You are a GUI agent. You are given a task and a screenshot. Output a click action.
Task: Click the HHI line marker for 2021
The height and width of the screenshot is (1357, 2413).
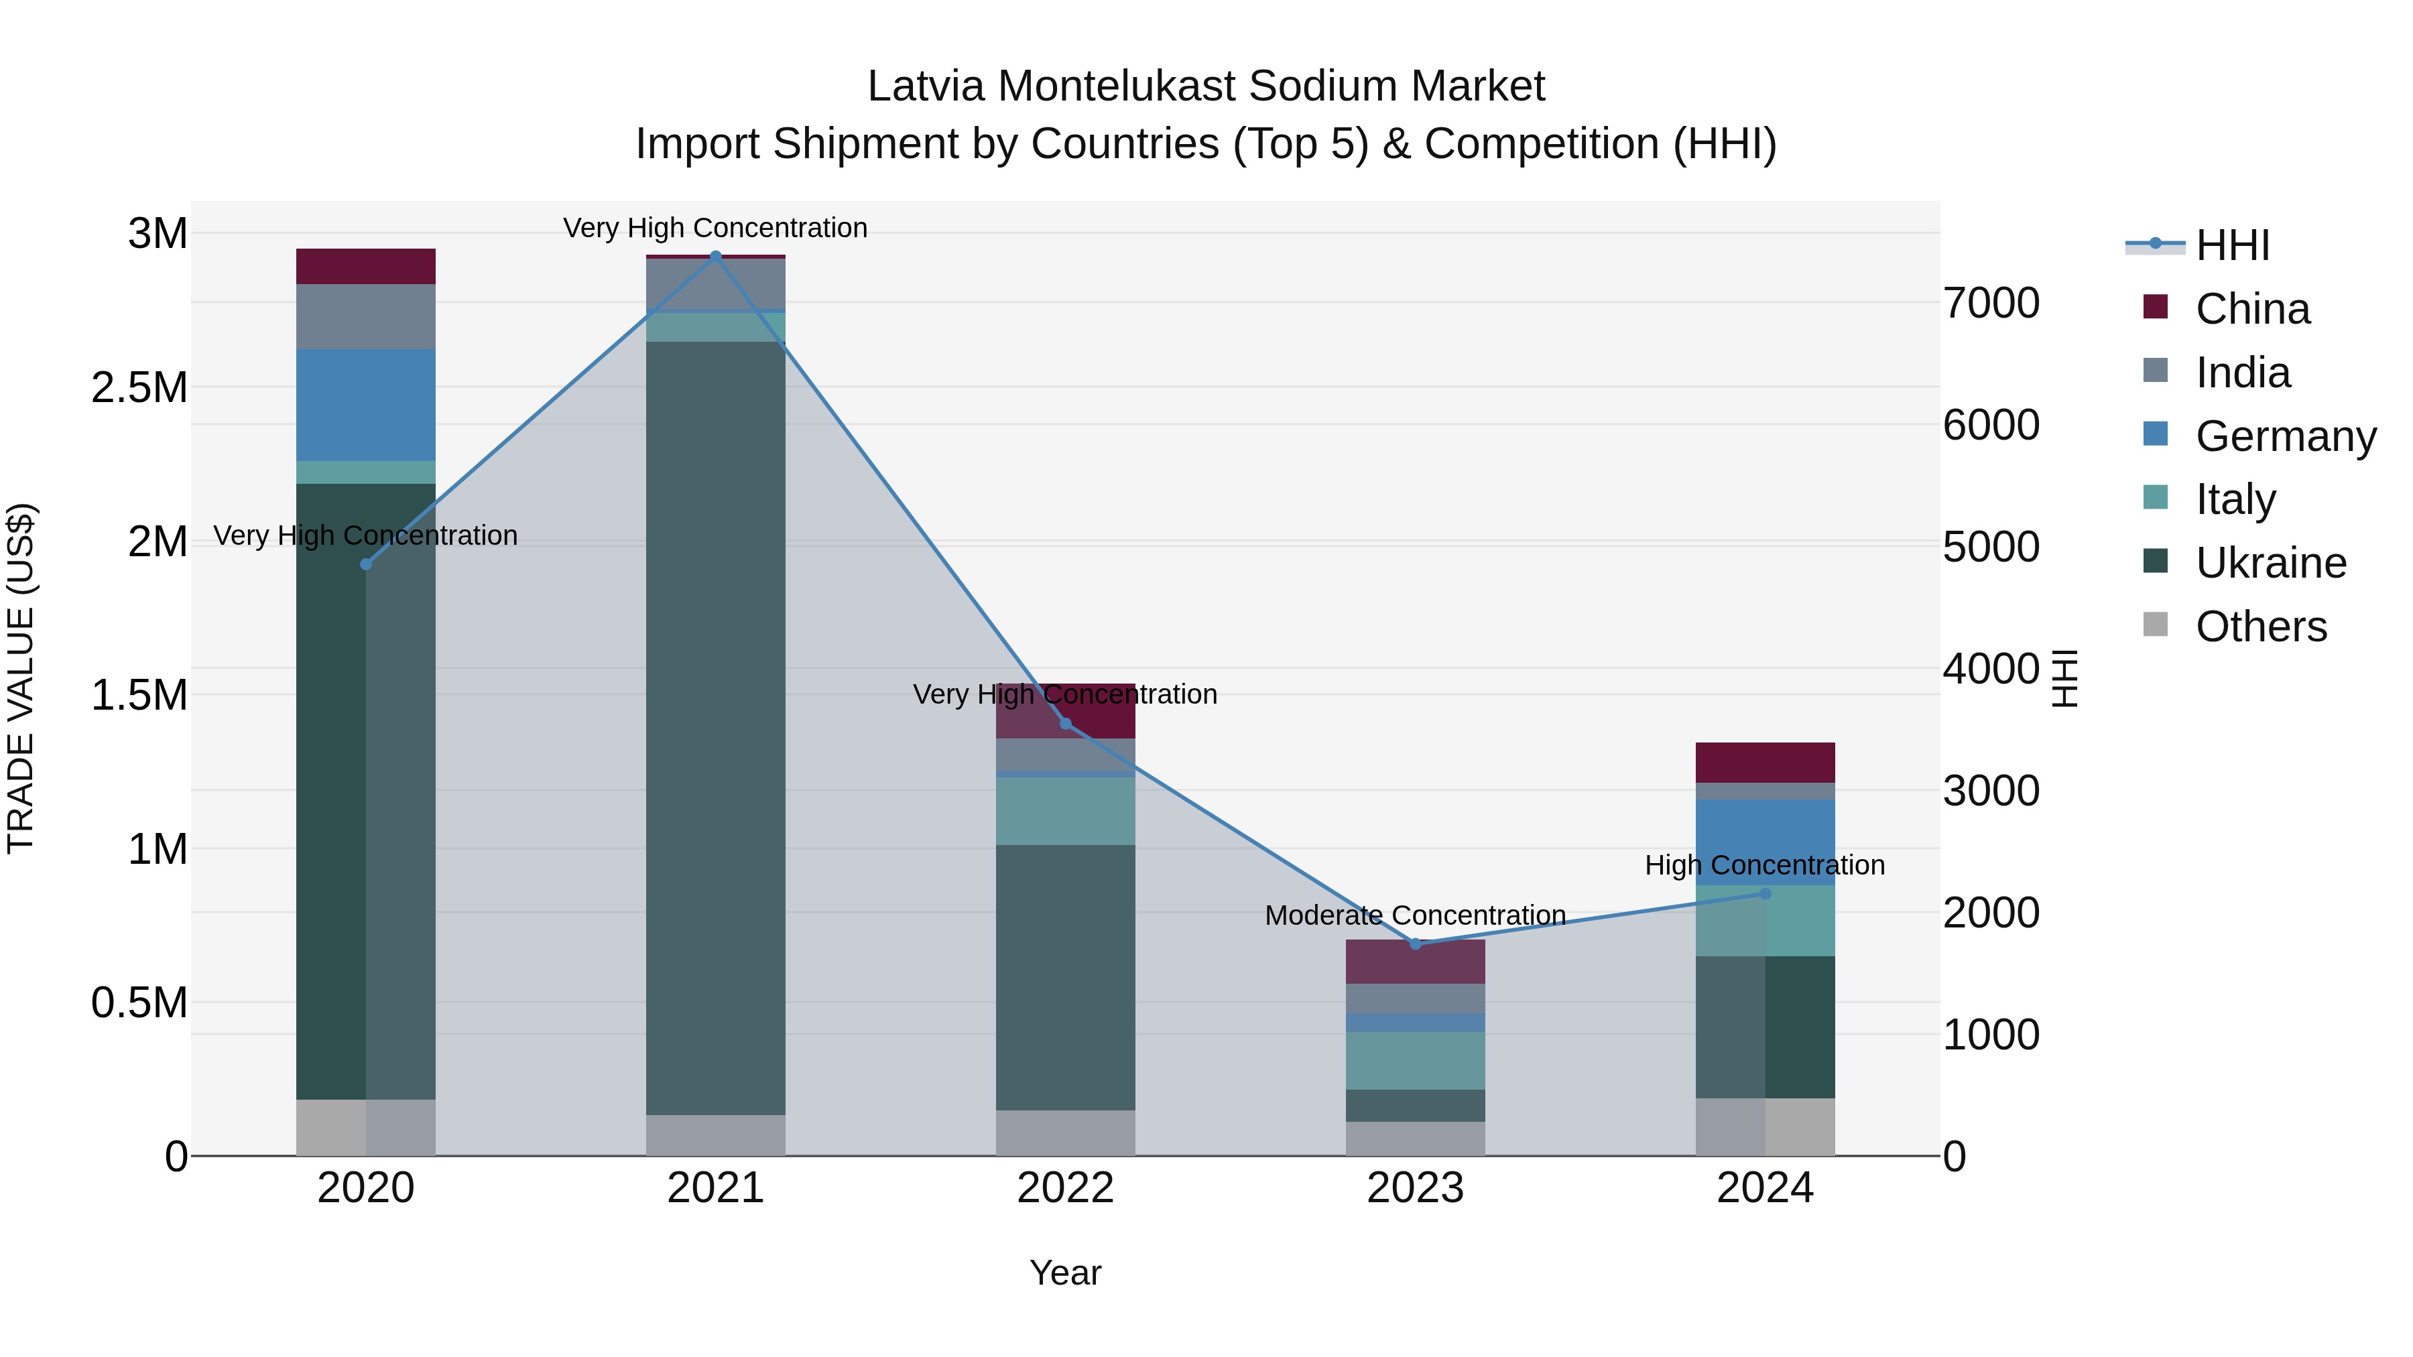tap(716, 256)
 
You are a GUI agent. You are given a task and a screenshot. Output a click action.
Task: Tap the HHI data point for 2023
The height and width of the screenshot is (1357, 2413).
tap(1416, 943)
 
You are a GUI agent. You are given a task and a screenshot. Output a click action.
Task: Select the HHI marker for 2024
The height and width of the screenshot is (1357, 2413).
tap(1765, 893)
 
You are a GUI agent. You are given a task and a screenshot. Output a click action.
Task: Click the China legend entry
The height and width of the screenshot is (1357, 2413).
tap(2252, 309)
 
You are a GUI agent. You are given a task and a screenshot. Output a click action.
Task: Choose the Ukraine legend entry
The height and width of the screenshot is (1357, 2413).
tap(2271, 563)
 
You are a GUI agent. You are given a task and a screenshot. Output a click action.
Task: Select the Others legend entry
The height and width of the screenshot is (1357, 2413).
tap(2260, 627)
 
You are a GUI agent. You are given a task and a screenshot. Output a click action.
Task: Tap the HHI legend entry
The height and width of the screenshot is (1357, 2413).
tap(2232, 245)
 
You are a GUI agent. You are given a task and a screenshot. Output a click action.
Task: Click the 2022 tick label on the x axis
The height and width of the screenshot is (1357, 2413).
tap(1065, 1188)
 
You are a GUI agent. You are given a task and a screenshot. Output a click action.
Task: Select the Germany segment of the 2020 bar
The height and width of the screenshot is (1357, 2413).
tap(365, 405)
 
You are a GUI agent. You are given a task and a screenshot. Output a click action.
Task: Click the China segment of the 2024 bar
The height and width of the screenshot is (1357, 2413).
tap(1765, 763)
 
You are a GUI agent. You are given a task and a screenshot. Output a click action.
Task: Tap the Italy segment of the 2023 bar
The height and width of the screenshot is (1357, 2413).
tap(1416, 1060)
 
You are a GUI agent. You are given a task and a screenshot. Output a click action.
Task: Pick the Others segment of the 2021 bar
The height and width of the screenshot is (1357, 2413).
tap(716, 1135)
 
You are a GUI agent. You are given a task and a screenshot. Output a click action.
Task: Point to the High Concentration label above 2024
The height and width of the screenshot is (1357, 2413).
tap(1765, 865)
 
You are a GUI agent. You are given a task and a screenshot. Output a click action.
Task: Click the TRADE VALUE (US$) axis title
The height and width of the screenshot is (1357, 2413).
tap(21, 678)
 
